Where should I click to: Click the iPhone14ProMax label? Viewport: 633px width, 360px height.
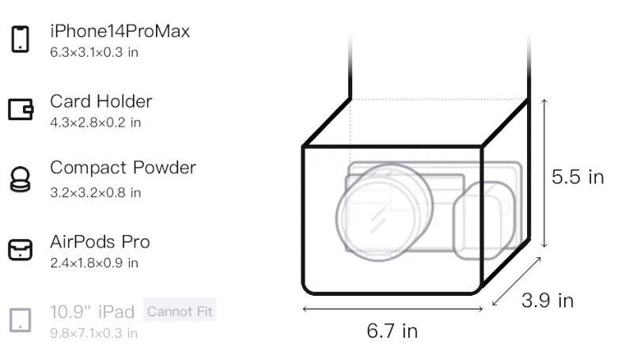(x=120, y=32)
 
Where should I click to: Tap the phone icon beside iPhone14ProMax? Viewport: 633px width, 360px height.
(x=21, y=39)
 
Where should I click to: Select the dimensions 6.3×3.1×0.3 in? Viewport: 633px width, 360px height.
(x=94, y=52)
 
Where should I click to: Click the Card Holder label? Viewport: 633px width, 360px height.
(x=101, y=101)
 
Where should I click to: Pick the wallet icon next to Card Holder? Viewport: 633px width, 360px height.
(x=21, y=109)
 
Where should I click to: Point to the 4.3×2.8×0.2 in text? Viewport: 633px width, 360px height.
(x=95, y=123)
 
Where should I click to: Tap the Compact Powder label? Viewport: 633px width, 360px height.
(x=123, y=168)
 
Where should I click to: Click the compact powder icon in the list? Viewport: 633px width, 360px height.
(x=21, y=179)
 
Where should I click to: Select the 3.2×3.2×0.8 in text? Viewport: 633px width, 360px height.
(x=95, y=192)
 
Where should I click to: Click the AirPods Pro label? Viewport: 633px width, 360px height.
(x=100, y=242)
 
